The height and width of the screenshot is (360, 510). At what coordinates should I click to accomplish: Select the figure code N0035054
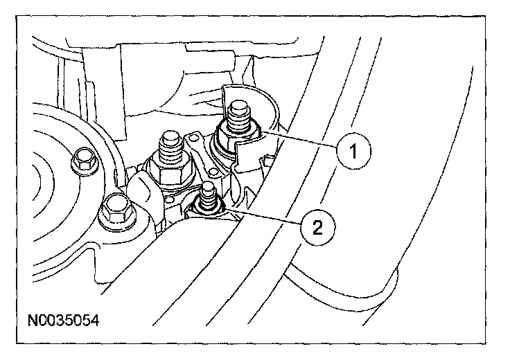64,321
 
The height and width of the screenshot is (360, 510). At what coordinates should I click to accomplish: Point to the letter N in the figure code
33,321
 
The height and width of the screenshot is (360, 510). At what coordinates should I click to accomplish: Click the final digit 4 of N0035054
95,321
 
